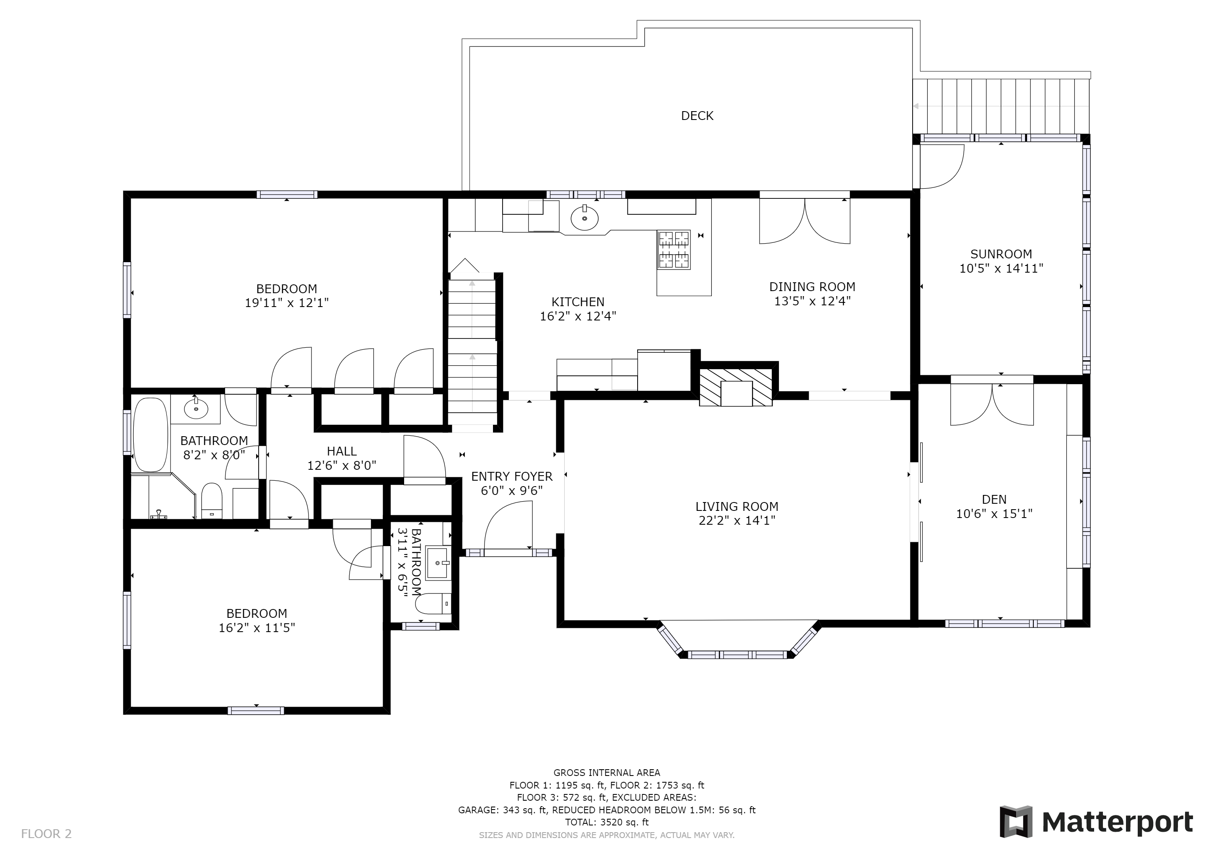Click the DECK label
(697, 116)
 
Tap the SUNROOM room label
(1001, 254)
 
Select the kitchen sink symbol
(584, 217)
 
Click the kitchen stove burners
(674, 249)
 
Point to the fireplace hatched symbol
(736, 387)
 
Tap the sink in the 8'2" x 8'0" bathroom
(196, 407)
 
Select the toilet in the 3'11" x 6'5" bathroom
(433, 604)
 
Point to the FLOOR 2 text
(46, 834)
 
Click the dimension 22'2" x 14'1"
(737, 521)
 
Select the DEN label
(994, 499)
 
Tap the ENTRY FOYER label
(512, 476)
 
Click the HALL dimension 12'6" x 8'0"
(342, 466)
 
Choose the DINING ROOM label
(812, 287)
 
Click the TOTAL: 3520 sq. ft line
(607, 823)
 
